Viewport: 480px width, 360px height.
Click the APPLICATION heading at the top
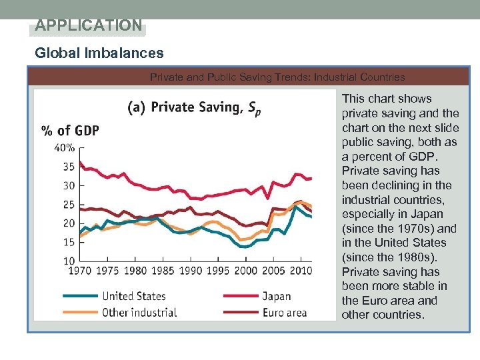[88, 26]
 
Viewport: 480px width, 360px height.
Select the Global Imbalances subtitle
[99, 53]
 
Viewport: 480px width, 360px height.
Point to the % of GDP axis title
[70, 131]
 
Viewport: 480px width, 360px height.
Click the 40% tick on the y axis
[64, 148]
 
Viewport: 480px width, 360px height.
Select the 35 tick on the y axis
[68, 167]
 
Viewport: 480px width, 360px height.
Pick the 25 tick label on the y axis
[68, 205]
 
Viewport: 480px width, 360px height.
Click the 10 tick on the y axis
[68, 260]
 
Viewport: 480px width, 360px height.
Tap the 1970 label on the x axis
[79, 271]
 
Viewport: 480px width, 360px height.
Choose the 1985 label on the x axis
[162, 271]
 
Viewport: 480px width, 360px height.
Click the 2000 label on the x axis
[245, 271]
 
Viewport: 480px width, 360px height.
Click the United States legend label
[134, 296]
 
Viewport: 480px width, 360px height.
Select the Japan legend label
[276, 296]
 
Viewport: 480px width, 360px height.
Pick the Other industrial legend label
[139, 312]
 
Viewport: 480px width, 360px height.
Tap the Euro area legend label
[284, 312]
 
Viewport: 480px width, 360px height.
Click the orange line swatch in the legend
[79, 312]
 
